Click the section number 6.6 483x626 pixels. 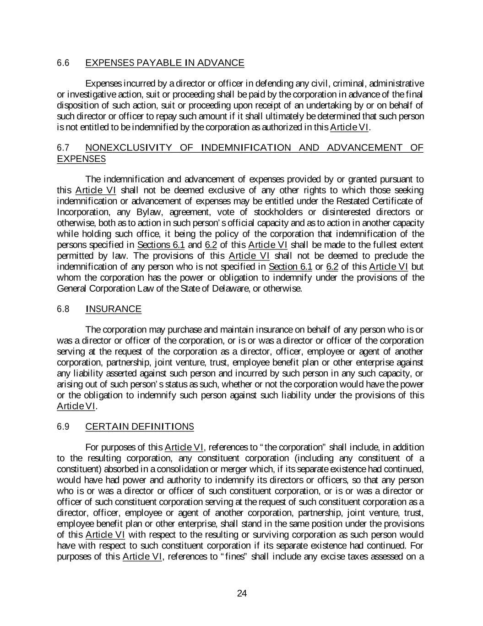point(63,63)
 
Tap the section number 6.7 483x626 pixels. point(63,148)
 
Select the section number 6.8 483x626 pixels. point(63,309)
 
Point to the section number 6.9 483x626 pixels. point(63,427)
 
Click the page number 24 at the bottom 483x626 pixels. point(242,593)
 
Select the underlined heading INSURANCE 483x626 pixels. point(114,309)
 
